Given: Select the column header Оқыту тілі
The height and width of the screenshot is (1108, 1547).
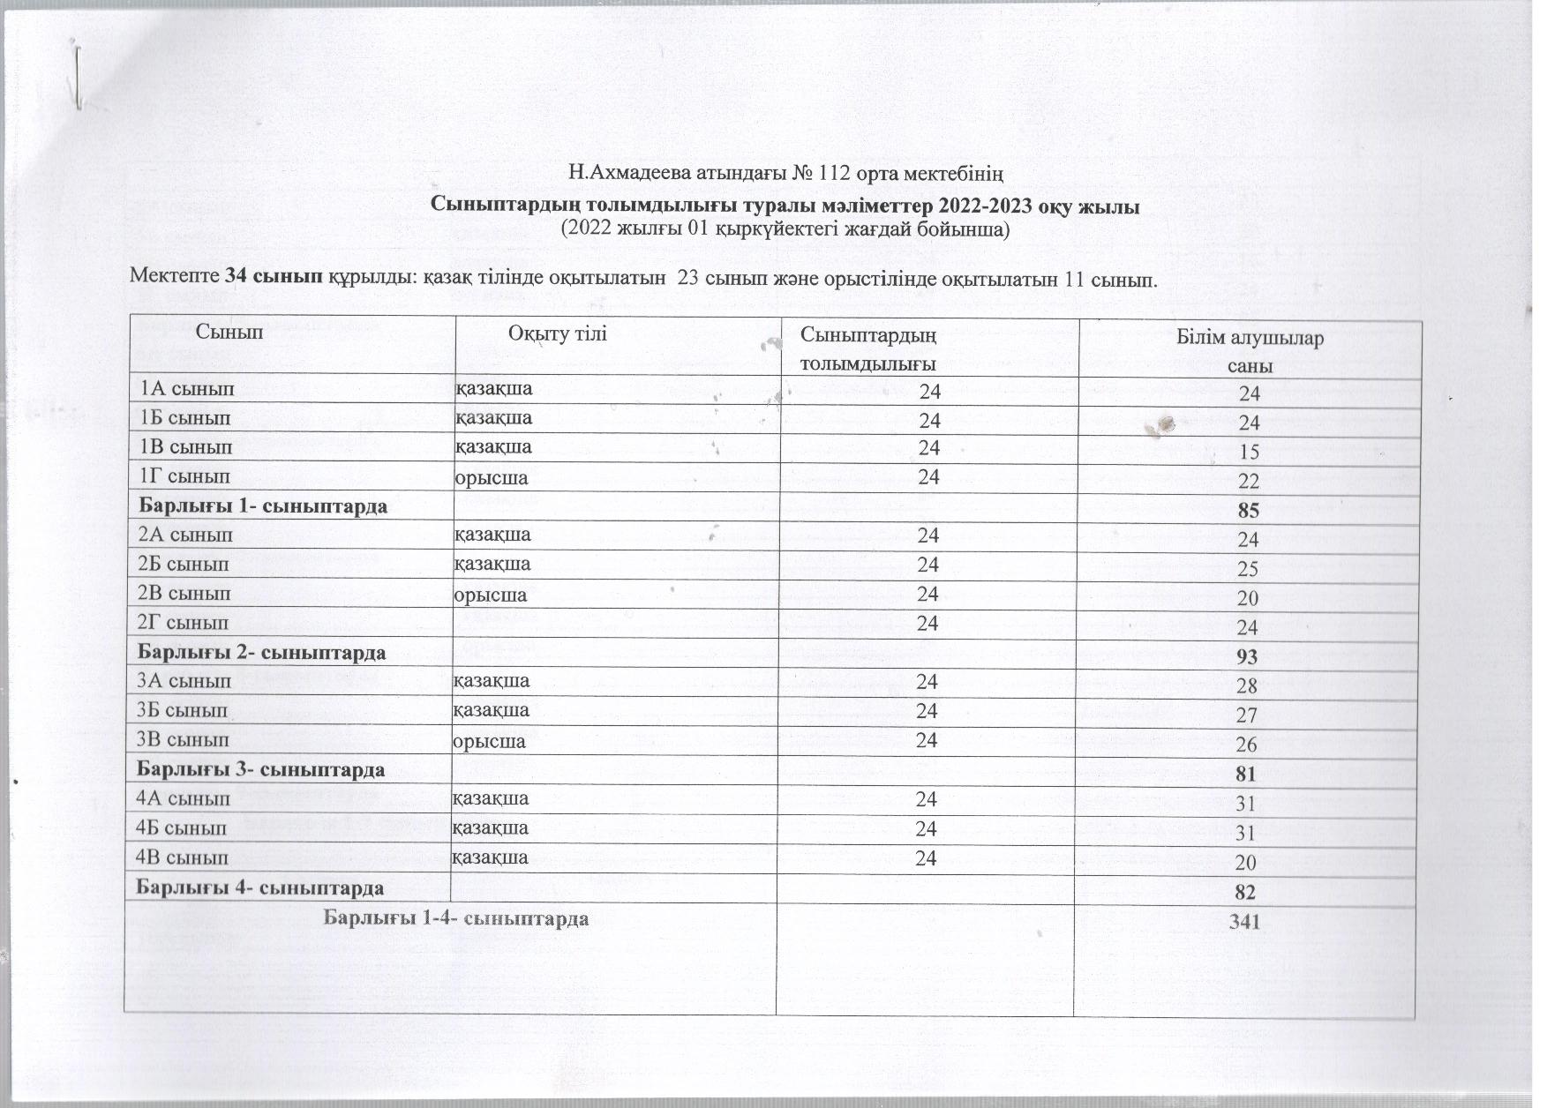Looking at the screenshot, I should pos(557,333).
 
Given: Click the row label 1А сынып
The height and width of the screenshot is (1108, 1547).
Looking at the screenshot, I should pos(186,387).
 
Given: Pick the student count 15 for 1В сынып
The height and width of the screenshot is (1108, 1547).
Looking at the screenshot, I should pos(1249,453).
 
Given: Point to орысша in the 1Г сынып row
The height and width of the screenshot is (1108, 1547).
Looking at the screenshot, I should pos(491,478).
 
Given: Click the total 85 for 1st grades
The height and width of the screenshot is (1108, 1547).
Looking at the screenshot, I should pos(1248,511).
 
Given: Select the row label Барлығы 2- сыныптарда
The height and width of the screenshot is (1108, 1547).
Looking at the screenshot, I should pos(261,653).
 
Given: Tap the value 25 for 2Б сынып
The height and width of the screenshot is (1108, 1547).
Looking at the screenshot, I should pos(1248,569).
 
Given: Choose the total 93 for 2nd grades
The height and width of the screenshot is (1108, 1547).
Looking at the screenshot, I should pos(1248,657).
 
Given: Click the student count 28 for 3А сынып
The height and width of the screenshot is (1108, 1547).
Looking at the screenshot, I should pos(1248,686).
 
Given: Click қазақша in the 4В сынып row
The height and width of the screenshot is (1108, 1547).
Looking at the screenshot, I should pos(490,857).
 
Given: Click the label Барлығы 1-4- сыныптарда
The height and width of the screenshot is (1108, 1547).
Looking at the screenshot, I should pos(456,917).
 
